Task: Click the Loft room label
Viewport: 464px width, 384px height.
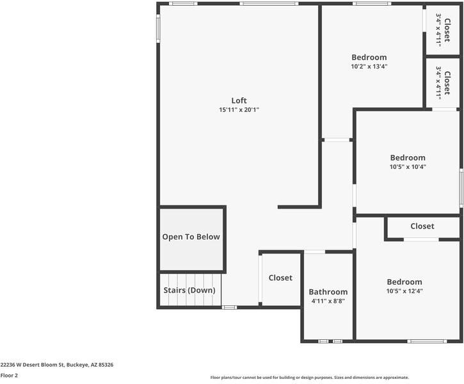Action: click(239, 100)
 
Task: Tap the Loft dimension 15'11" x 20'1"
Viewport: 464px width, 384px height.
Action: click(239, 110)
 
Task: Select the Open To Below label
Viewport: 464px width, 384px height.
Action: click(191, 237)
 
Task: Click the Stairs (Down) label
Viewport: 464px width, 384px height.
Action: click(189, 291)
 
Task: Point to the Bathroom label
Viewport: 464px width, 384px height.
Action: click(328, 292)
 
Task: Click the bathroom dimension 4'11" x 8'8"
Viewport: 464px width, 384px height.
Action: click(328, 301)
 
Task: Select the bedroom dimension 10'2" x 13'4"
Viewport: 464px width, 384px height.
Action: click(369, 67)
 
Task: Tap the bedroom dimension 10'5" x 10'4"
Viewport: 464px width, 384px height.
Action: click(408, 167)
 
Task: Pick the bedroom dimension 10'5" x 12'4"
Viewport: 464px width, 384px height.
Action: click(404, 291)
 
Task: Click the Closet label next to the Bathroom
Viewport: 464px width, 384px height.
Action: click(280, 278)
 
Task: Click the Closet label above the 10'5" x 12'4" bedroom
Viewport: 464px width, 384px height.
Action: click(422, 227)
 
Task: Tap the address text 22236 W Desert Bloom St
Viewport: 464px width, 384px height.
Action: click(57, 365)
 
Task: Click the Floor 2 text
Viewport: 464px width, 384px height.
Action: click(9, 376)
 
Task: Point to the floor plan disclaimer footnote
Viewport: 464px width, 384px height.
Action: click(309, 378)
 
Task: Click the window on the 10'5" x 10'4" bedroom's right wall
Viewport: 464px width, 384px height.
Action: click(461, 188)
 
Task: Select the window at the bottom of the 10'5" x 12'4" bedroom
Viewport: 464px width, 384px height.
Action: click(428, 341)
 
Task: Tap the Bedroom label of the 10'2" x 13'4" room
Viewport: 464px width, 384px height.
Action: click(369, 58)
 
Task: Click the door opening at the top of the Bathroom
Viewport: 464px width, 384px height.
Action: click(314, 252)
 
